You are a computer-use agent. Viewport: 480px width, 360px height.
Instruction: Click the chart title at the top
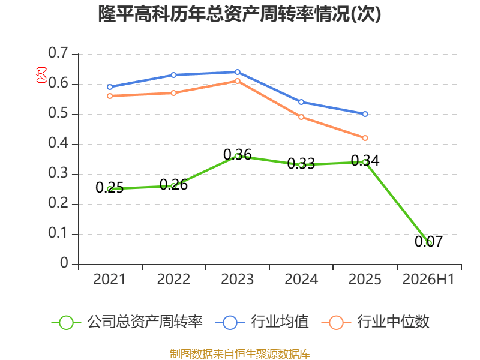point(239,14)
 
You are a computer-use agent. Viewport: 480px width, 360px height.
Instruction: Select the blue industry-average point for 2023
point(237,72)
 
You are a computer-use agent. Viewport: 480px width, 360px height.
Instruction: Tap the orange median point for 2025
point(365,138)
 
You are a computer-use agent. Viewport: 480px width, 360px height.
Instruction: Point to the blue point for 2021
point(110,87)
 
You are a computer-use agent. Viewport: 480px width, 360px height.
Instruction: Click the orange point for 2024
point(301,117)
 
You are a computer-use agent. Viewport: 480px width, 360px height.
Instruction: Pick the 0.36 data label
point(237,155)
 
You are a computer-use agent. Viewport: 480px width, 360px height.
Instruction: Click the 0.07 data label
point(428,241)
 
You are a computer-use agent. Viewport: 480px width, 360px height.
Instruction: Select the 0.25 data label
point(110,187)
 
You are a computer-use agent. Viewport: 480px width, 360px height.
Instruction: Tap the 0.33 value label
point(301,163)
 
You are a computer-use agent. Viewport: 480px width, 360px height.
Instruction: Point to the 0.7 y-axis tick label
point(58,53)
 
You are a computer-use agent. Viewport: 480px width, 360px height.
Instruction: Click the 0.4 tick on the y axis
point(58,143)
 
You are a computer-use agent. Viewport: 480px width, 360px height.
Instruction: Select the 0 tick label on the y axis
point(64,263)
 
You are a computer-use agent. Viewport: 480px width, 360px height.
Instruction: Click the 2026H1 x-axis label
point(428,279)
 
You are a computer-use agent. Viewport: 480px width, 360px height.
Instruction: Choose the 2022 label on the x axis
point(173,279)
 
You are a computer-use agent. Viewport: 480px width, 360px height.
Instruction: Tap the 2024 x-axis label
point(301,279)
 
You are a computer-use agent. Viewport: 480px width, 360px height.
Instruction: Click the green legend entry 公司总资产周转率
point(127,322)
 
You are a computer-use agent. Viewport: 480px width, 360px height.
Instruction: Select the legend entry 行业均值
point(262,322)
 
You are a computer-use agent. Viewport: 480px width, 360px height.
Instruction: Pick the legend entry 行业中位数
point(376,322)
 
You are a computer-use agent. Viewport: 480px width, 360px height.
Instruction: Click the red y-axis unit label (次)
point(41,75)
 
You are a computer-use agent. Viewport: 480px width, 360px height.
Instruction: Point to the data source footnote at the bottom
point(240,354)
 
